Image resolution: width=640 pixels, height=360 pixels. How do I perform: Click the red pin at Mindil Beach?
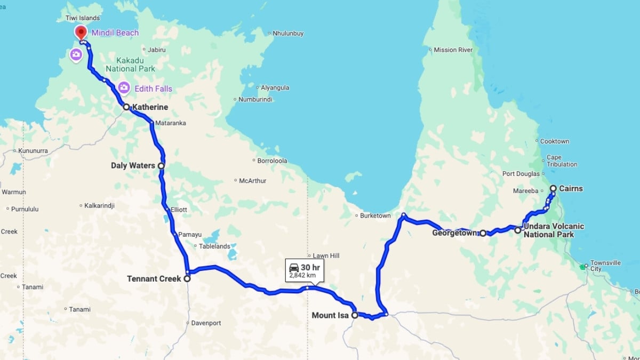81,32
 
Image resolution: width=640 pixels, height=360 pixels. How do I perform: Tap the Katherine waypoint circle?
126,107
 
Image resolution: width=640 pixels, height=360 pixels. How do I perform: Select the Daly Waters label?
133,165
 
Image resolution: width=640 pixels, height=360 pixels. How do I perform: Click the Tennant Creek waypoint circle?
187,278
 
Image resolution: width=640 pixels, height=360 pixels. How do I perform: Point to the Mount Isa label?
331,315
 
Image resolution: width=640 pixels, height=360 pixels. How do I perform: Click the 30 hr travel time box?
305,270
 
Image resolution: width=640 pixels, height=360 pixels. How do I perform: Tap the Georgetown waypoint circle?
483,233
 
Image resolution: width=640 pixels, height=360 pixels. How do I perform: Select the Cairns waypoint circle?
553,188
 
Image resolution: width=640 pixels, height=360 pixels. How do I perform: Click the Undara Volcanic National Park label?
553,230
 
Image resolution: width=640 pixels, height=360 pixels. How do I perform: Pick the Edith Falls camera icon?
124,86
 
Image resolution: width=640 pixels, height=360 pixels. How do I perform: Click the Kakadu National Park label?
130,64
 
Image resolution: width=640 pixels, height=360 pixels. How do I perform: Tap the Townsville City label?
605,266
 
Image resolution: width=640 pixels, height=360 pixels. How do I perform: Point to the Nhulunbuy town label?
287,33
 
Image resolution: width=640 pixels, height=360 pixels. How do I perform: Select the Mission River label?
453,50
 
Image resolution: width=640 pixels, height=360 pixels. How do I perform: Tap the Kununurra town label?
33,151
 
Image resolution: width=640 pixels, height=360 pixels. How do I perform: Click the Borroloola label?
273,160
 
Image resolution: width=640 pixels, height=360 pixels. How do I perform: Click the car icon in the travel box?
294,267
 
